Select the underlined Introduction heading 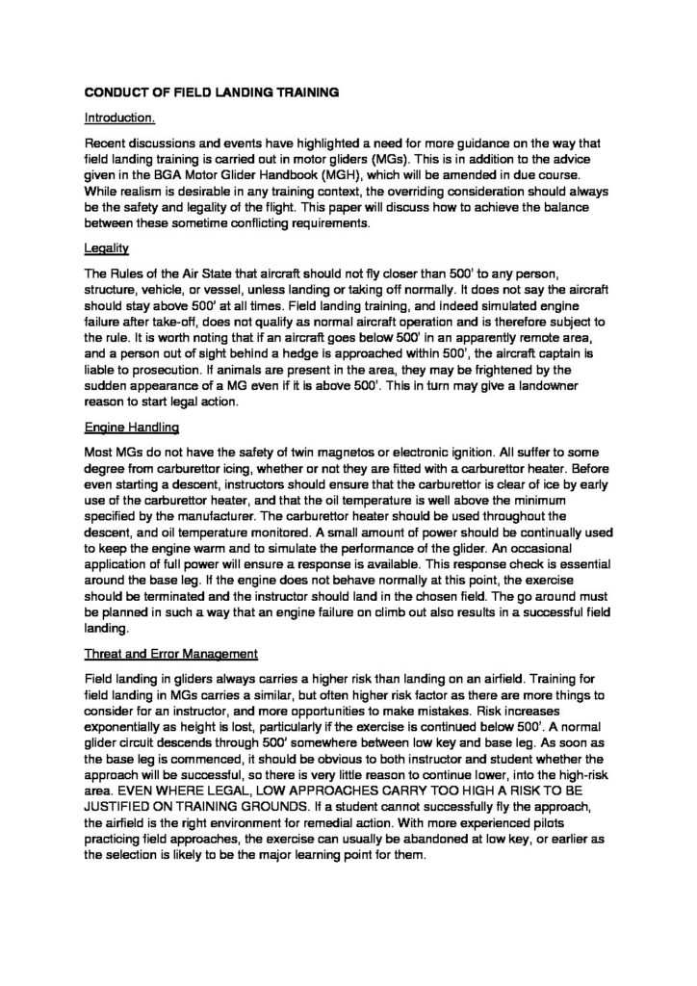pos(120,119)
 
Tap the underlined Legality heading pos(106,247)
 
